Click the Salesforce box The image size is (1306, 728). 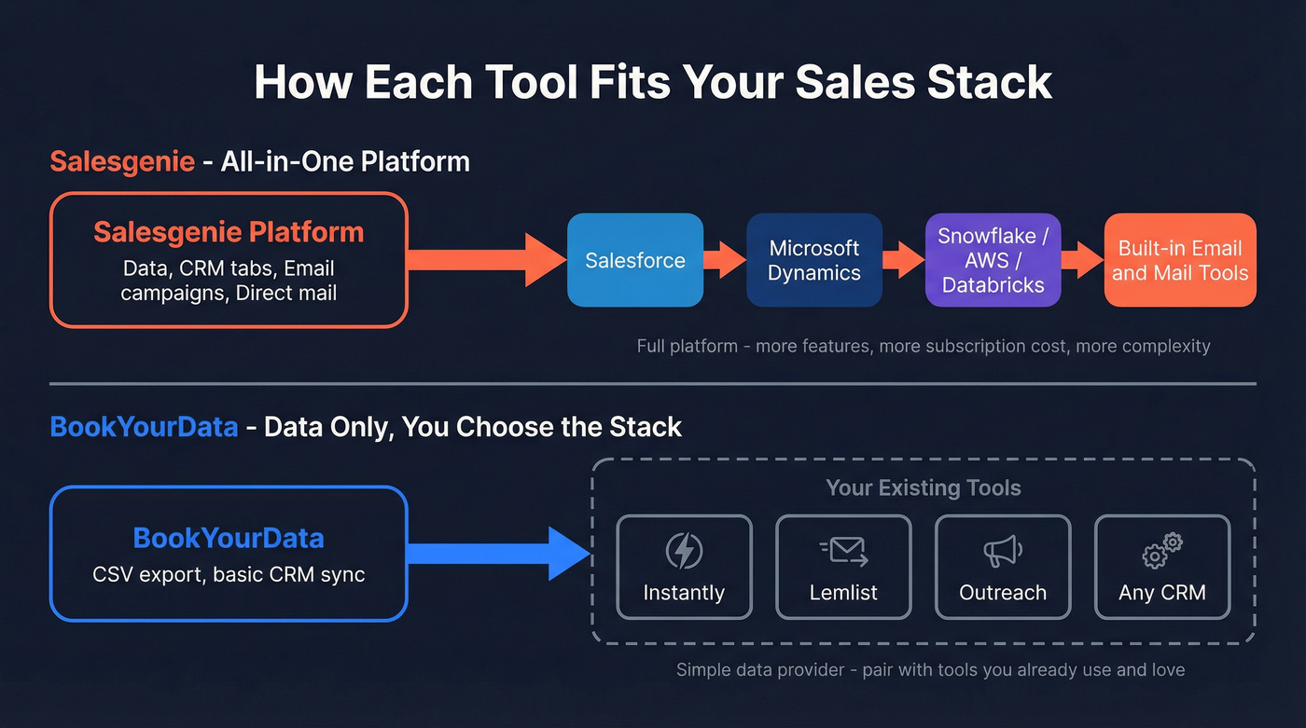pos(635,260)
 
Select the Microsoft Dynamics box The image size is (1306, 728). pos(814,260)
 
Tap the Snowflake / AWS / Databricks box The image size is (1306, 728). pos(993,260)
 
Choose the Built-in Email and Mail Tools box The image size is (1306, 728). pos(1180,260)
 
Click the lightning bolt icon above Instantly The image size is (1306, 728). pos(684,551)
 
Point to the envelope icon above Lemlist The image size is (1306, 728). pos(844,552)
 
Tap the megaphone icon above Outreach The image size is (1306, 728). pos(1003,551)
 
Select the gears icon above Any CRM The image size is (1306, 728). pos(1162,551)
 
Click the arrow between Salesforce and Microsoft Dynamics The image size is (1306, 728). pos(725,260)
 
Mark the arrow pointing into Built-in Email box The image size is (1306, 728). pos(1082,260)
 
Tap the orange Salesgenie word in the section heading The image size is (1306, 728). pos(122,161)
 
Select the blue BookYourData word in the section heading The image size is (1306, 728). pos(144,427)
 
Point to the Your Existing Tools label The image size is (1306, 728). pos(923,488)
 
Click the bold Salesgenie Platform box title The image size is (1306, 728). pos(229,232)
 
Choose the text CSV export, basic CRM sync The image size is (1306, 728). pos(229,573)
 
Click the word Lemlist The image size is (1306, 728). pos(844,593)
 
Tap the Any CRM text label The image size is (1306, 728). pos(1162,593)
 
